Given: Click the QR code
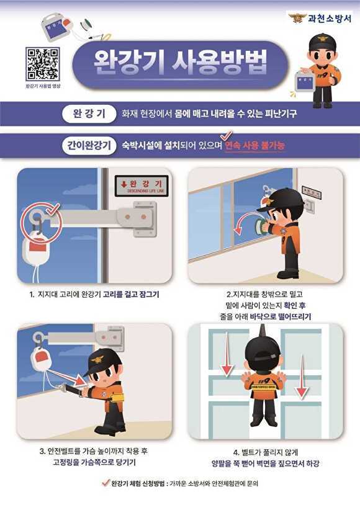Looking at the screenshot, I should tap(43, 64).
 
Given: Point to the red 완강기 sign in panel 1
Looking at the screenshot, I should tap(142, 184).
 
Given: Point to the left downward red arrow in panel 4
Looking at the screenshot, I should tap(227, 354).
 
